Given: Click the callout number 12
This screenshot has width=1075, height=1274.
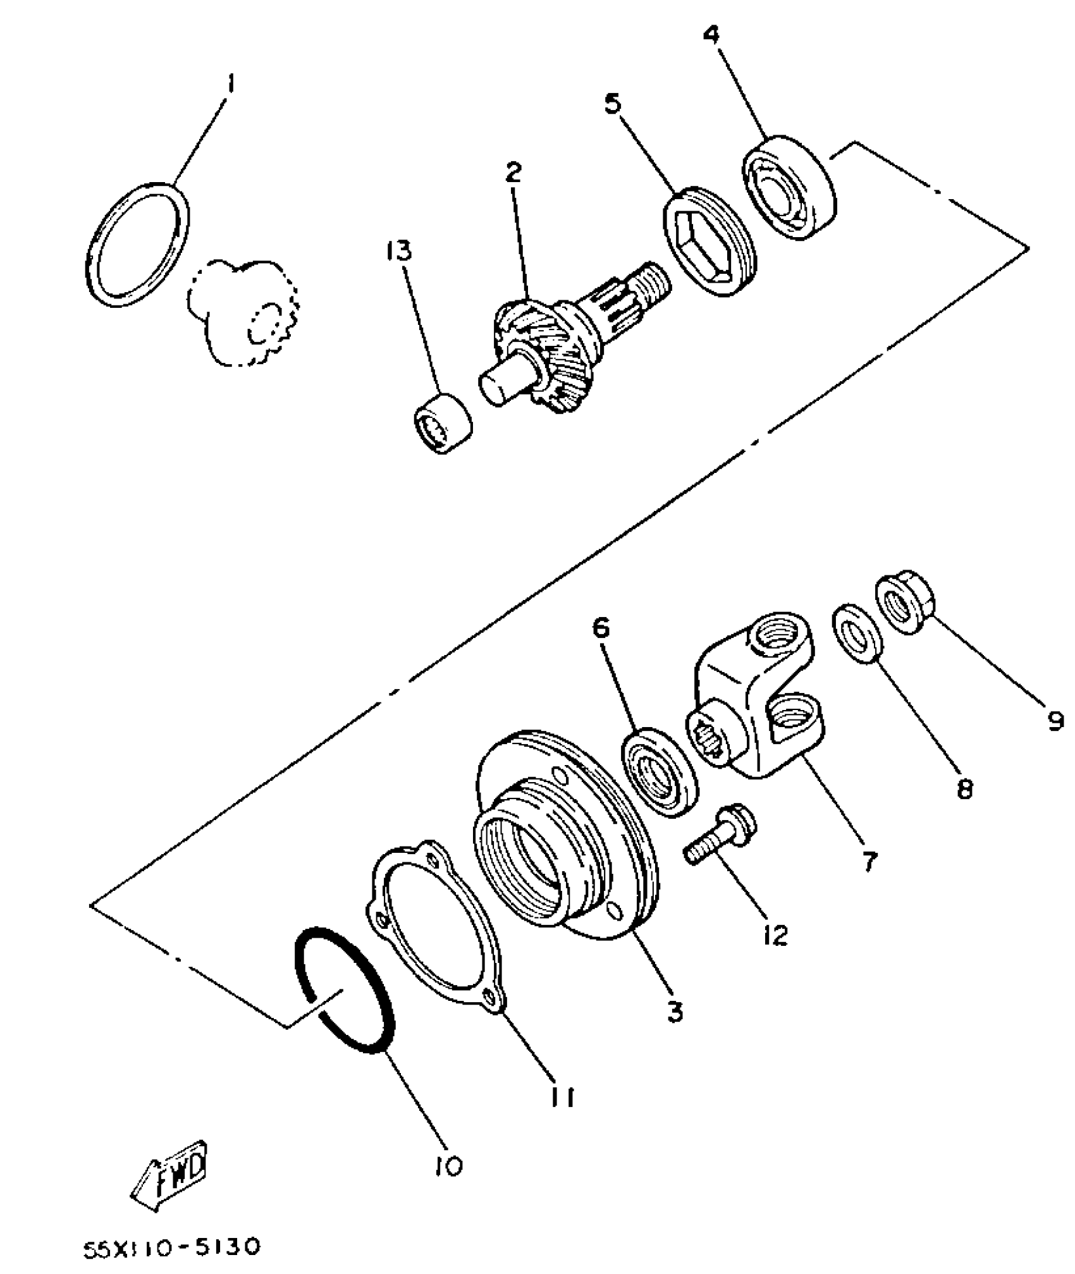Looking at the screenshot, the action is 776,934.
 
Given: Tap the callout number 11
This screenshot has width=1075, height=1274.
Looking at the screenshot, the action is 560,1098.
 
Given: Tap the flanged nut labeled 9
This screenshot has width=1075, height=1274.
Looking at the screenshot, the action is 905,601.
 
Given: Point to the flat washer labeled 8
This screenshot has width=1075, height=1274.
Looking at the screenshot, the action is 857,633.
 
